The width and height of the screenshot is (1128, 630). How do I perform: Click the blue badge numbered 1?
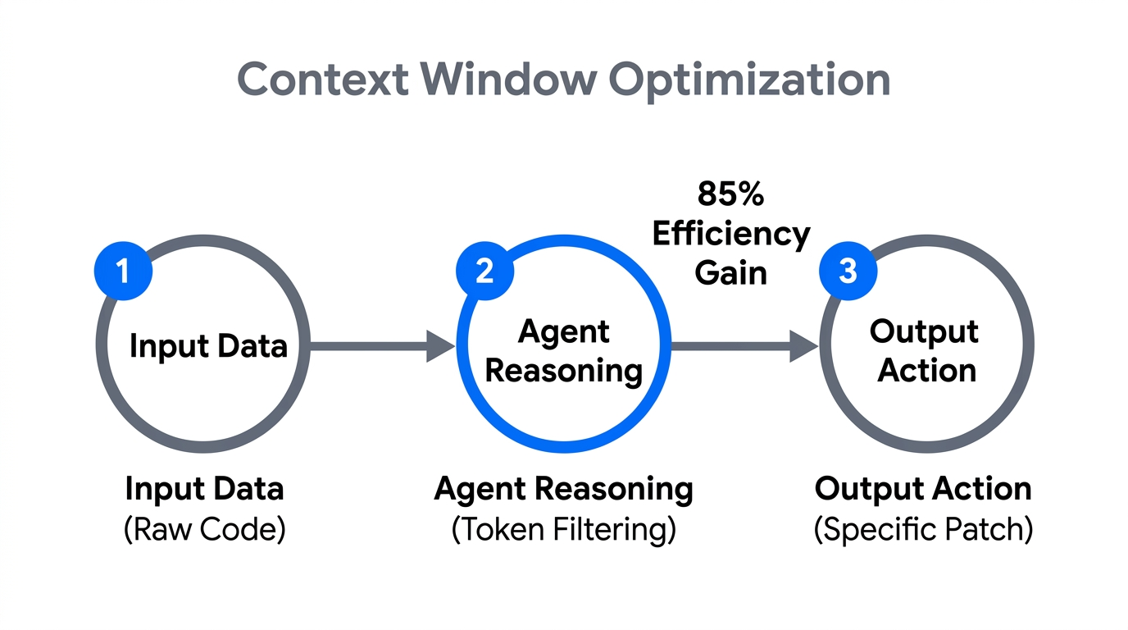click(124, 270)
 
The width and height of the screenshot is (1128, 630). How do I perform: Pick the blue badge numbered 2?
click(484, 270)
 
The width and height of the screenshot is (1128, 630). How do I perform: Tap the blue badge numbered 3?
click(848, 270)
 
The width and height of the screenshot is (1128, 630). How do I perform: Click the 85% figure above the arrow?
click(730, 194)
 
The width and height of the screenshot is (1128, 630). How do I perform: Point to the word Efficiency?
click(730, 235)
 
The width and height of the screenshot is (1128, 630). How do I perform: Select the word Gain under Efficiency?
click(730, 273)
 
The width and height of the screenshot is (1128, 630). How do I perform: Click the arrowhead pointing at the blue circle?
click(440, 346)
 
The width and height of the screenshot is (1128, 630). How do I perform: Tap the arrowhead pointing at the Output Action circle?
click(803, 346)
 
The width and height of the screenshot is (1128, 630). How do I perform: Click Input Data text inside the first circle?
click(208, 346)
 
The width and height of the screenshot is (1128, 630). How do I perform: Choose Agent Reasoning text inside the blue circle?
click(564, 351)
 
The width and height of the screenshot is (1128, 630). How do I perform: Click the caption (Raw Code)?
click(204, 529)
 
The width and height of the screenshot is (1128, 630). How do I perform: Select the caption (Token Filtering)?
click(564, 529)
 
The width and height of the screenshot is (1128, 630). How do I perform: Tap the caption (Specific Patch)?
click(923, 529)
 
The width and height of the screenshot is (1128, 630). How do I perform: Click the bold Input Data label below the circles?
click(204, 490)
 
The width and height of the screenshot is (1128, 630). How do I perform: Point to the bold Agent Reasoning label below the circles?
click(564, 490)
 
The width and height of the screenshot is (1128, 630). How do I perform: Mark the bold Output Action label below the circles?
click(923, 490)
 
